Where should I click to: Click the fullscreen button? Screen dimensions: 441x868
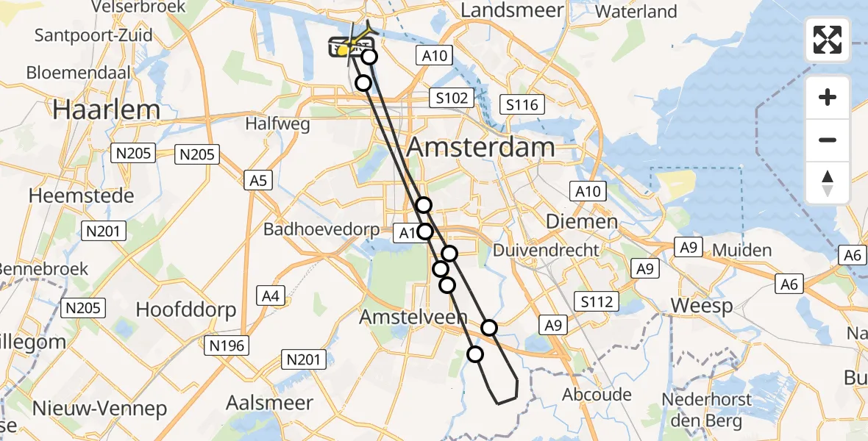[x=828, y=39]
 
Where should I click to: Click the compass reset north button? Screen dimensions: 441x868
[x=828, y=183]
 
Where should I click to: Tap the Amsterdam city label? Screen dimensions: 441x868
[x=480, y=147]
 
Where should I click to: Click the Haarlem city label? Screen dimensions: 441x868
[x=107, y=110]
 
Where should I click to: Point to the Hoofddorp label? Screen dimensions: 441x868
[x=186, y=309]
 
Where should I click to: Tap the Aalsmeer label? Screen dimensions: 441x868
[x=270, y=403]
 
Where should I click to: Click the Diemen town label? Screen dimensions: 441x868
[x=582, y=221]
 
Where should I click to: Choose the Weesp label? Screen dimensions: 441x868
[x=702, y=306]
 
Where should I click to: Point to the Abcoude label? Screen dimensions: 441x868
[x=597, y=395]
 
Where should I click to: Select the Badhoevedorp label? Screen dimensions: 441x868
[x=322, y=229]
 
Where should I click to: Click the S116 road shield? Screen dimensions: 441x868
[x=522, y=105]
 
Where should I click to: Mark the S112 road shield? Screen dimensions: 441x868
[x=597, y=301]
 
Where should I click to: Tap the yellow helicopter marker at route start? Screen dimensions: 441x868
[x=343, y=50]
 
